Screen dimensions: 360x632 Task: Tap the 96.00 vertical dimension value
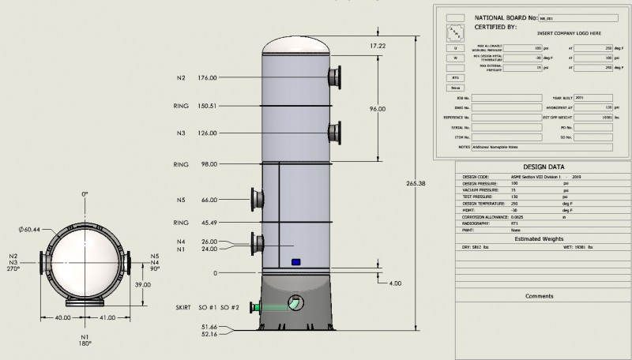(378, 109)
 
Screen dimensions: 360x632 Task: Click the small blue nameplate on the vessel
(296, 261)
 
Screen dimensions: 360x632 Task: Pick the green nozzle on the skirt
(254, 307)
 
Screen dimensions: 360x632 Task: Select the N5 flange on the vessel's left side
(254, 199)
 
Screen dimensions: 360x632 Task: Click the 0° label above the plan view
(85, 193)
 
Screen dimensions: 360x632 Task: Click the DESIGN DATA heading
(544, 167)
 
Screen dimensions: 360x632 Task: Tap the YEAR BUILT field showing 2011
(593, 98)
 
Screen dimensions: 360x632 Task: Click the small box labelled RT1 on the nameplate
(456, 77)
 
